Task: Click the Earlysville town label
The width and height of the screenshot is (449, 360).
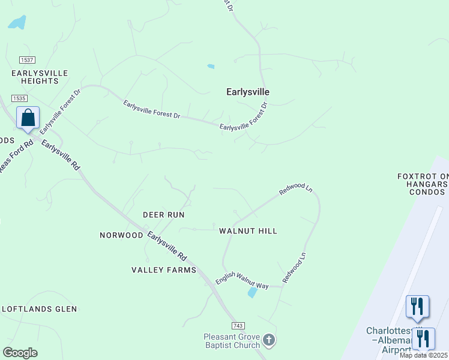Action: (247, 92)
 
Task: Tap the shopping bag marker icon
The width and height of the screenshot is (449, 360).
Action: (28, 117)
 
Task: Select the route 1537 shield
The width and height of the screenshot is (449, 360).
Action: (26, 60)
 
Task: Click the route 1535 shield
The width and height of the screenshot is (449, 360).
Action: (19, 98)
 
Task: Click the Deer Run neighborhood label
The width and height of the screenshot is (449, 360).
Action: (163, 214)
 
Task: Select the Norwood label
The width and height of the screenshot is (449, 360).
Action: (121, 235)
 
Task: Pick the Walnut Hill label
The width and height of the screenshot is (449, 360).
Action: (248, 230)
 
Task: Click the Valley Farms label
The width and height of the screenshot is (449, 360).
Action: (164, 270)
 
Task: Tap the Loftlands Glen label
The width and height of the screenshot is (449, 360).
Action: (40, 309)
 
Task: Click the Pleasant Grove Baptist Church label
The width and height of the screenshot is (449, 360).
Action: (232, 341)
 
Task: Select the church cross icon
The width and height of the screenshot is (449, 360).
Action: (269, 341)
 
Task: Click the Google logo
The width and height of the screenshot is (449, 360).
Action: (20, 353)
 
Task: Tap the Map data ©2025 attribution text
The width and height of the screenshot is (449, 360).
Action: (423, 355)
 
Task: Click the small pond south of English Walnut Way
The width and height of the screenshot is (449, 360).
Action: (253, 292)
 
